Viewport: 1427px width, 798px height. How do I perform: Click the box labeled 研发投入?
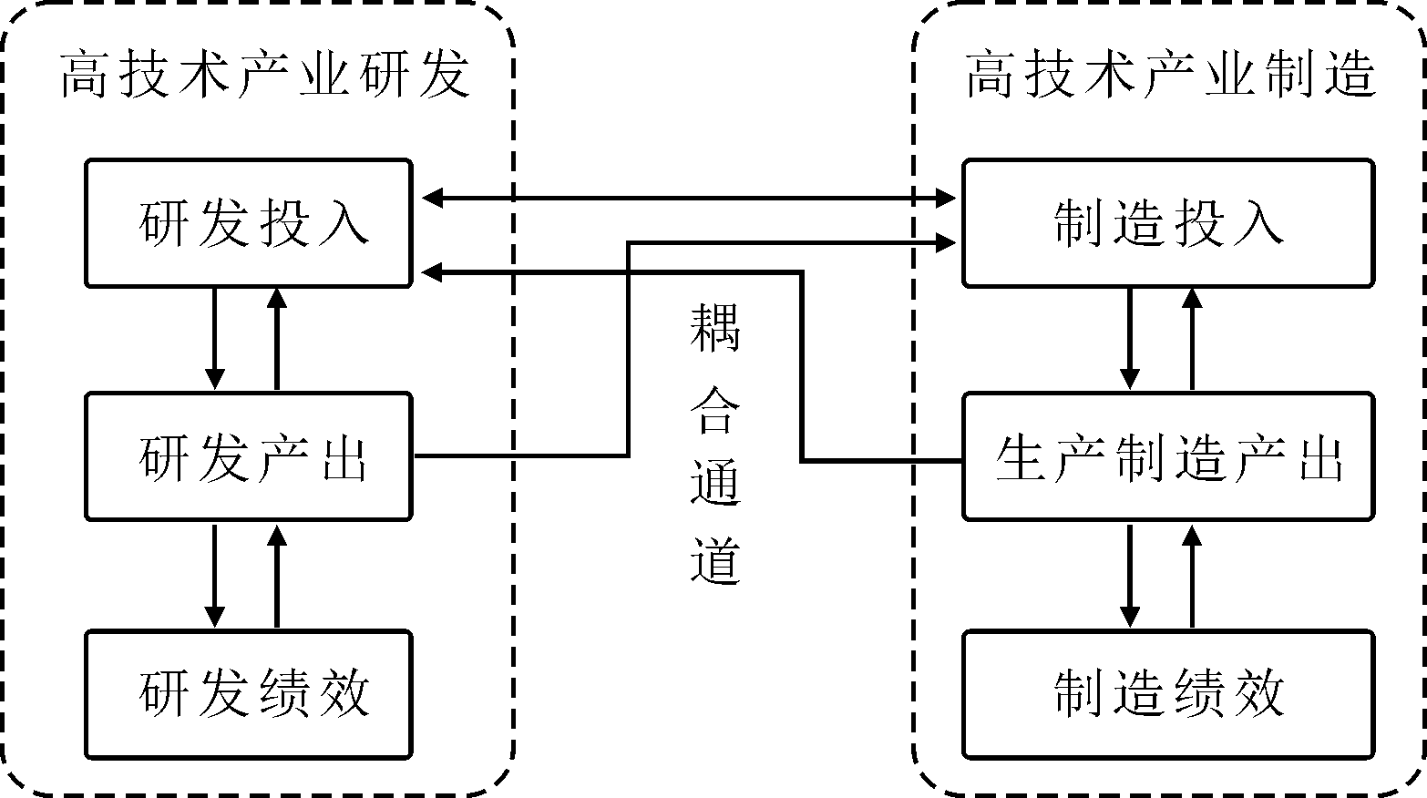pos(248,223)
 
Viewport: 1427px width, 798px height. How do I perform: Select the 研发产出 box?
pos(248,456)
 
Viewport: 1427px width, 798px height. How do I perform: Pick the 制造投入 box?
pos(1168,223)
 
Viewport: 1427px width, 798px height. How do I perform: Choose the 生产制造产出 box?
pos(1168,456)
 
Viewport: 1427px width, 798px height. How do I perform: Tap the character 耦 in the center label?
pos(715,329)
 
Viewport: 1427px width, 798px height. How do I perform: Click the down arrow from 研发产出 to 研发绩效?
pos(215,575)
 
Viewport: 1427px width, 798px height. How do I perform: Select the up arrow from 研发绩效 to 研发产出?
pos(277,575)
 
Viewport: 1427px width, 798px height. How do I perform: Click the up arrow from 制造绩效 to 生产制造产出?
pos(1192,575)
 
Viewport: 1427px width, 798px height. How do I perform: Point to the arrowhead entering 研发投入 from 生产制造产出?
pos(431,271)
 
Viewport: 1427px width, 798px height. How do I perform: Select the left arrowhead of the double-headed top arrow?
pos(431,197)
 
